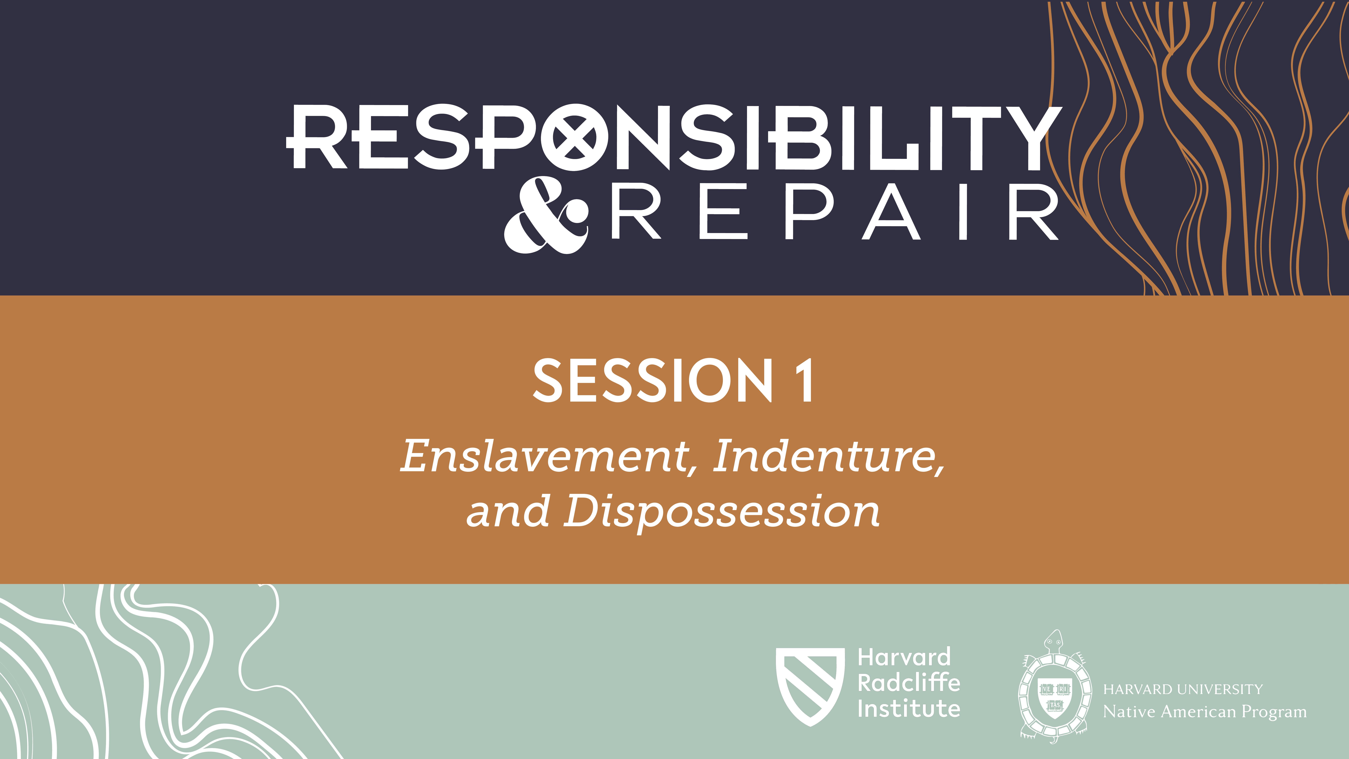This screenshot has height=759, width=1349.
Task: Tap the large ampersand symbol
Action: (x=546, y=216)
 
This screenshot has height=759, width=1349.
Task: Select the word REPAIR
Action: (x=834, y=212)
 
